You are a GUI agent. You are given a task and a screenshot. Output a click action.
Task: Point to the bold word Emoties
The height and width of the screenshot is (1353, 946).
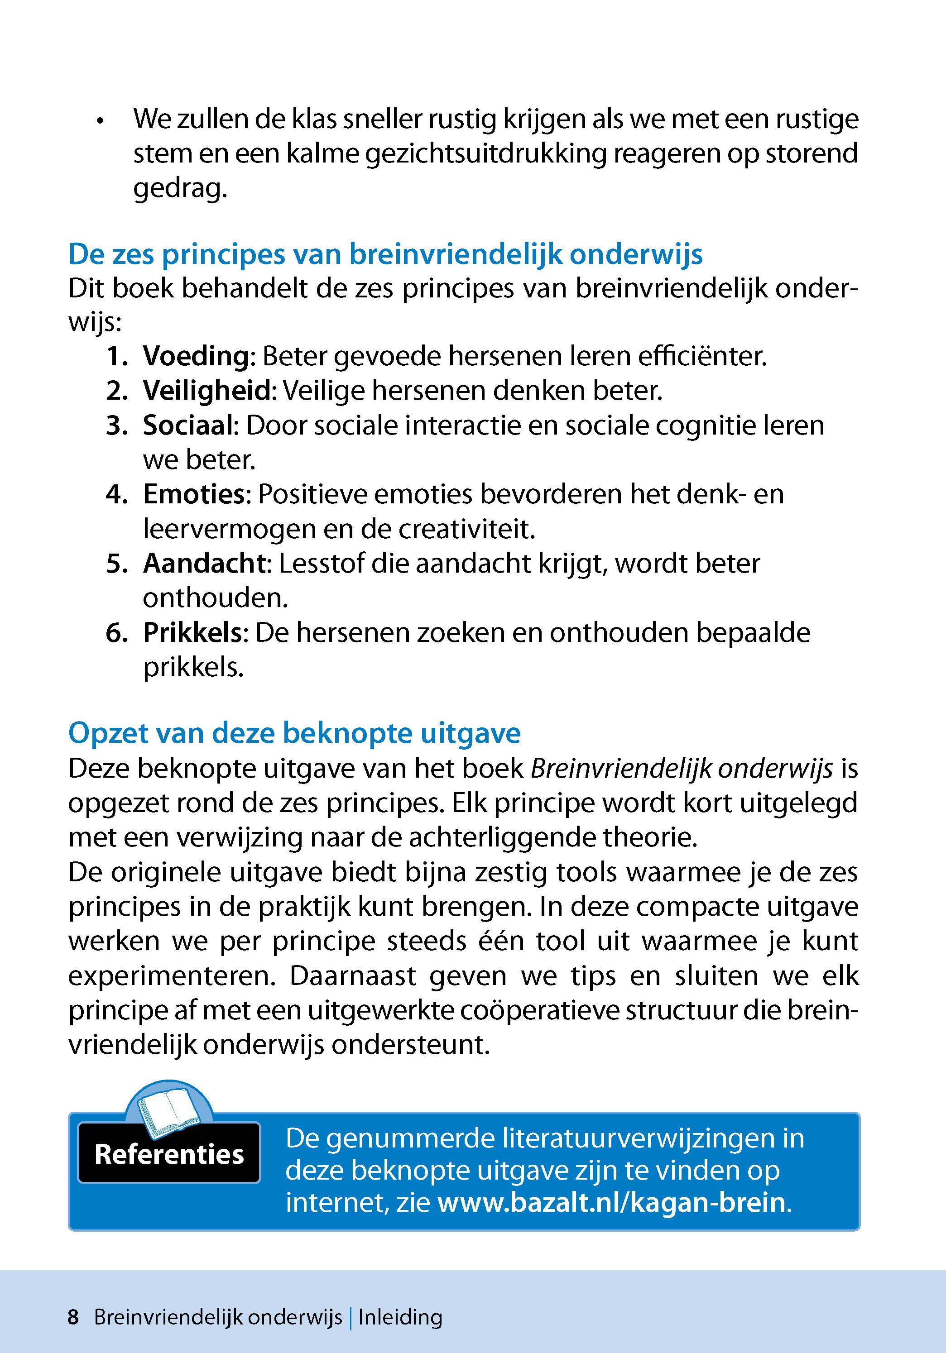tap(193, 494)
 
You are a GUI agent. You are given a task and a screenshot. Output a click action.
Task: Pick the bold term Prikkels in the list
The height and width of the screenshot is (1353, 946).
tap(192, 633)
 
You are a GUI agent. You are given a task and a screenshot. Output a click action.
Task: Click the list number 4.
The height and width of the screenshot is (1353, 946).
tap(115, 494)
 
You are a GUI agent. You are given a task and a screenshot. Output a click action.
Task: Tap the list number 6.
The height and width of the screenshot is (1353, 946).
tap(115, 633)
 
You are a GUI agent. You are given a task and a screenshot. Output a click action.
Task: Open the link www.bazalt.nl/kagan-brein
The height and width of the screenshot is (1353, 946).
tap(612, 1202)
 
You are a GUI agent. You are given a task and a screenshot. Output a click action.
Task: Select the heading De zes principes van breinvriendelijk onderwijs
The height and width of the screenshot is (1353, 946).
tap(385, 254)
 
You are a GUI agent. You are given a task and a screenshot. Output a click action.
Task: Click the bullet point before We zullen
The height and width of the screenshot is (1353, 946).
tap(101, 122)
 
